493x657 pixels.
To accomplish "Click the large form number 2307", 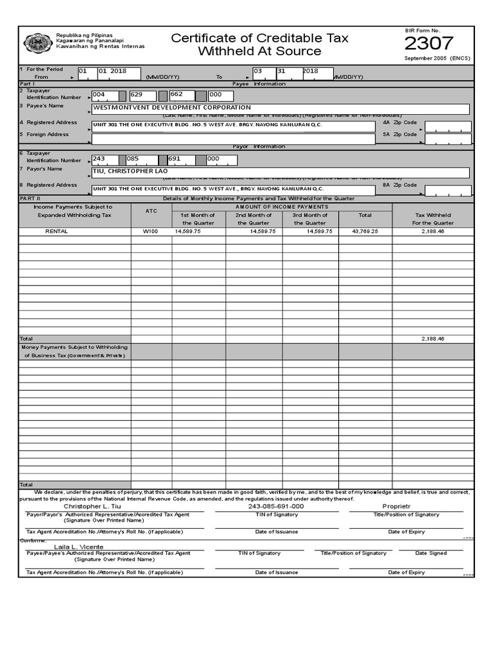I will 428,44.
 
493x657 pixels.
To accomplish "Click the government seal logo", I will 38,43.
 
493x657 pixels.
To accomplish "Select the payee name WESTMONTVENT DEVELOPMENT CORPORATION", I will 172,108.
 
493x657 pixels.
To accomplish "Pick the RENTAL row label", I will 56,231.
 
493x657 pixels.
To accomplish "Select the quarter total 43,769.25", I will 365,231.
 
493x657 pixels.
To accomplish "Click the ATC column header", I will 151,210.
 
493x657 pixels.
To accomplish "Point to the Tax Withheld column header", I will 433,219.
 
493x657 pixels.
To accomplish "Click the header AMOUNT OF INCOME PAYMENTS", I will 281,207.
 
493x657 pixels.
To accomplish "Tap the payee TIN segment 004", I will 99,94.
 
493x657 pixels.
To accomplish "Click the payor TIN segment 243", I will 99,158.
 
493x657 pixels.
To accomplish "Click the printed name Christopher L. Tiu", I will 91,506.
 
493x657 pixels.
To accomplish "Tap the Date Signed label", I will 431,553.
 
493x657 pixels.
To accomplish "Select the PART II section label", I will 30,199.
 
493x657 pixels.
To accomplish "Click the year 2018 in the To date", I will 310,71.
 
